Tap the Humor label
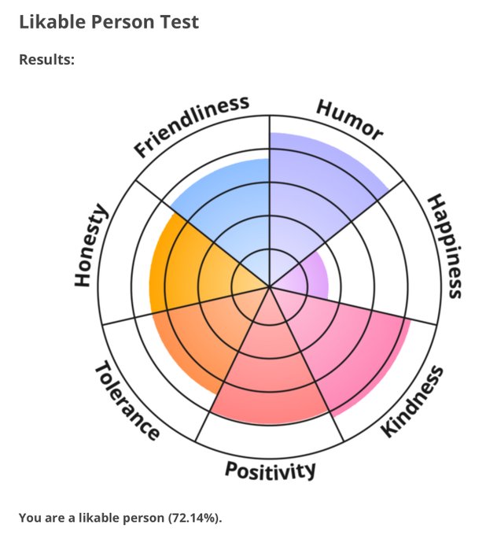pyautogui.click(x=350, y=120)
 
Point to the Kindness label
pyautogui.click(x=412, y=400)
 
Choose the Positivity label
pyautogui.click(x=271, y=470)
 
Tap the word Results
pyautogui.click(x=46, y=59)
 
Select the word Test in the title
pyautogui.click(x=180, y=21)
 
